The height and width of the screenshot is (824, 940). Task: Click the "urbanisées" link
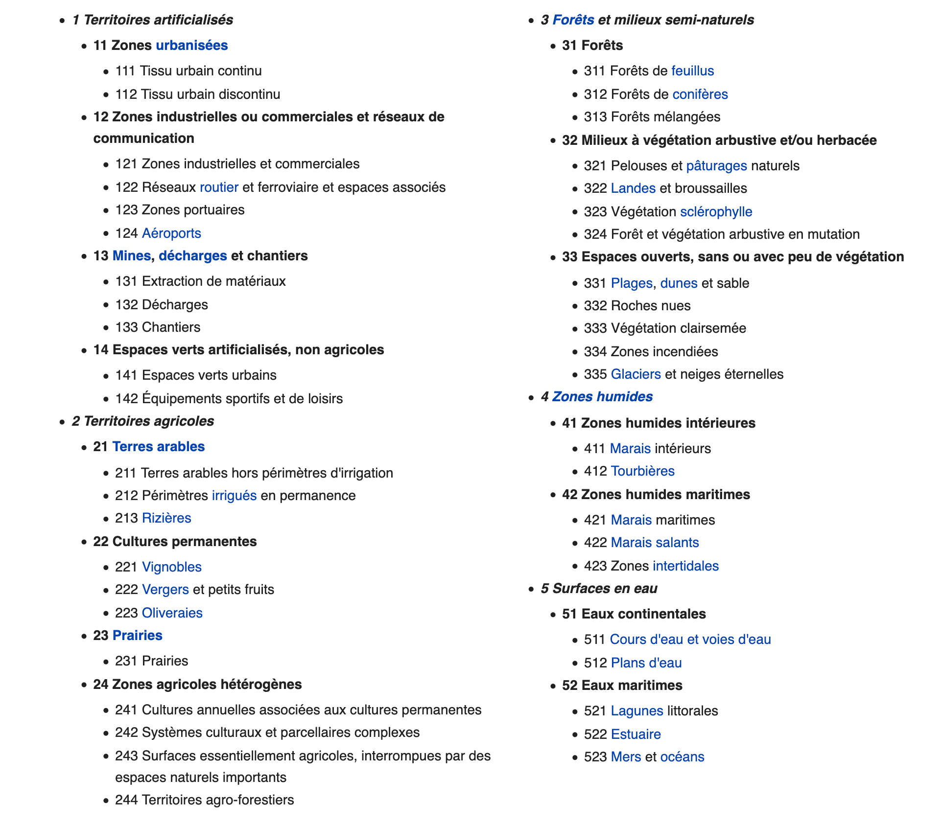click(x=191, y=46)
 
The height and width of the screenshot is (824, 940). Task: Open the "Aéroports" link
click(x=171, y=233)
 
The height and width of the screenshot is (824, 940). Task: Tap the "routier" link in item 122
click(x=219, y=187)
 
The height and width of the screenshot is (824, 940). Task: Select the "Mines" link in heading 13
click(x=131, y=256)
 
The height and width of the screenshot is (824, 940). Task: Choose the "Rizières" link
click(x=166, y=518)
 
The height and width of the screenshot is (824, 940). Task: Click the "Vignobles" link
click(x=171, y=567)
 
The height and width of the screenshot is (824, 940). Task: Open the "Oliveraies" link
click(x=172, y=613)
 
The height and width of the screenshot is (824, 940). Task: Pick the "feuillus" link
click(x=692, y=71)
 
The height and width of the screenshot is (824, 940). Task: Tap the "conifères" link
click(x=700, y=94)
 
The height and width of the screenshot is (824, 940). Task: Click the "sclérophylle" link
click(x=716, y=212)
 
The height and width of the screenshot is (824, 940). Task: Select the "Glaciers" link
click(x=635, y=374)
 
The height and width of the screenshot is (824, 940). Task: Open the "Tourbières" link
click(x=642, y=471)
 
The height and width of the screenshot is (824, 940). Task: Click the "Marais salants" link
click(x=655, y=543)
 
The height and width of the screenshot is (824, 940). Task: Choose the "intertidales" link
click(x=685, y=566)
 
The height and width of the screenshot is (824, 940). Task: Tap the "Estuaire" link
click(x=635, y=734)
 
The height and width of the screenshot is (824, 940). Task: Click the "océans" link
click(x=682, y=757)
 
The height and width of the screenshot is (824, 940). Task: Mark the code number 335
click(x=595, y=374)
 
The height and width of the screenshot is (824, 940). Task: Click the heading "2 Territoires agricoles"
click(x=143, y=421)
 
